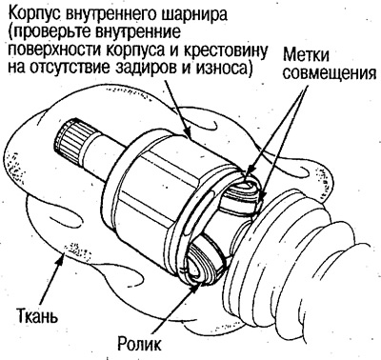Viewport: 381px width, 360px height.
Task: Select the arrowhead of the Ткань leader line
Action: (63, 253)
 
